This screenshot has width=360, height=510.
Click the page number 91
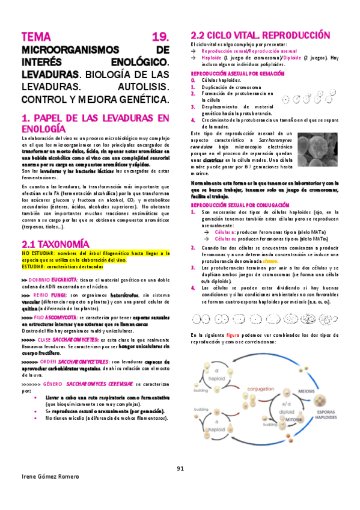point(180,469)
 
